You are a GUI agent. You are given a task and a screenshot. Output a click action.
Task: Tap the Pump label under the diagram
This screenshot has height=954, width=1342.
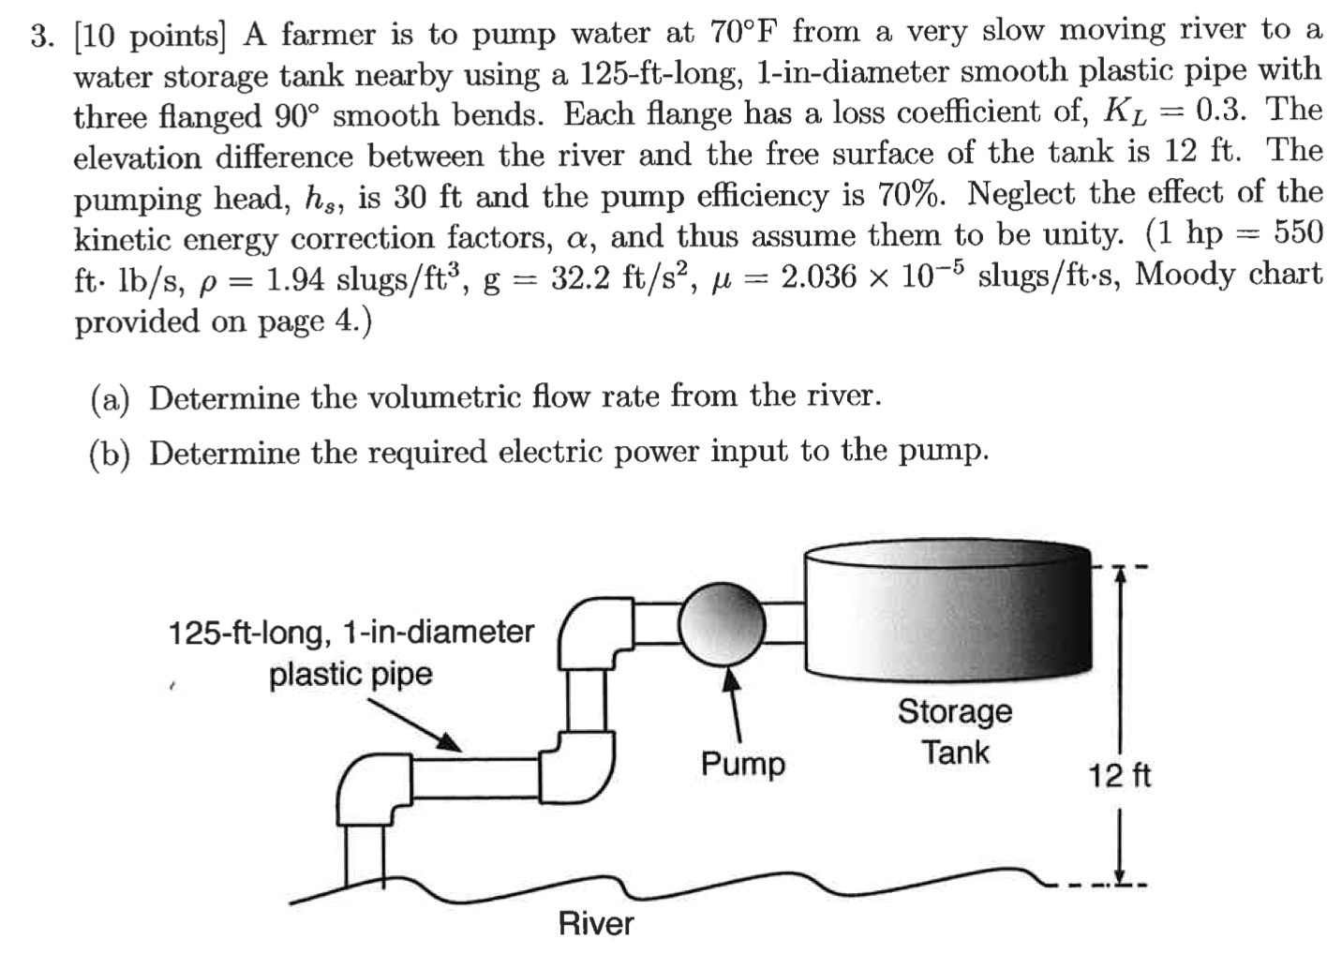click(743, 765)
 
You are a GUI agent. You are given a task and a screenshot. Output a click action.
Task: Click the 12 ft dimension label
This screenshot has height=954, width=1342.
click(1119, 776)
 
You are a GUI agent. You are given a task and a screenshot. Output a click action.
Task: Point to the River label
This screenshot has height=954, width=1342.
click(596, 924)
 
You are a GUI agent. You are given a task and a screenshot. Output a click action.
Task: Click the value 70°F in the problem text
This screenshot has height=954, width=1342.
click(743, 33)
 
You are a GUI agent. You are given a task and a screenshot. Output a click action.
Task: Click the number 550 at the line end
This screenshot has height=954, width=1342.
click(1297, 233)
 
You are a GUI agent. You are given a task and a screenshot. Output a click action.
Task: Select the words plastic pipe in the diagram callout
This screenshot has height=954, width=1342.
click(350, 675)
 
